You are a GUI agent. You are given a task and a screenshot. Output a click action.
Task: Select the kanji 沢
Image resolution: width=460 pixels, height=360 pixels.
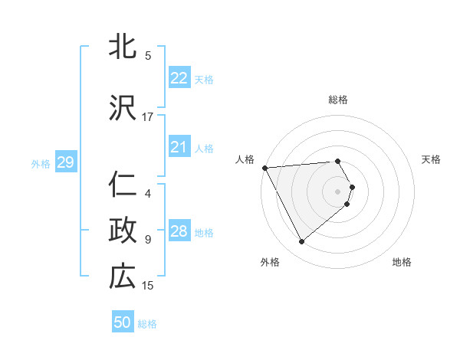pyautogui.click(x=123, y=108)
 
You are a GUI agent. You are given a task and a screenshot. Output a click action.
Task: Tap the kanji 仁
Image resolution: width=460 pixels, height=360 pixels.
pyautogui.click(x=123, y=185)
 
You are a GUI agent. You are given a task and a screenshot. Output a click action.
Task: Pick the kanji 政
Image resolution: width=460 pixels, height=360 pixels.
pyautogui.click(x=123, y=231)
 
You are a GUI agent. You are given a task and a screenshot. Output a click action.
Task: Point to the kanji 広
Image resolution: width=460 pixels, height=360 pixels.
pyautogui.click(x=123, y=277)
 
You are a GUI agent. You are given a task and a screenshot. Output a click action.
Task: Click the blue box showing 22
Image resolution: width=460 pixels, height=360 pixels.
pyautogui.click(x=179, y=78)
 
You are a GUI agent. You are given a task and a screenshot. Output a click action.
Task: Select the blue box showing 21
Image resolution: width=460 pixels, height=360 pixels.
pyautogui.click(x=179, y=147)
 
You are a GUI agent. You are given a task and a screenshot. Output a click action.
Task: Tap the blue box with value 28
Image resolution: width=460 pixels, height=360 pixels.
pyautogui.click(x=179, y=231)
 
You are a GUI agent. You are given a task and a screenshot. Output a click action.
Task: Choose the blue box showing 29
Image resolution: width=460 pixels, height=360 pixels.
pyautogui.click(x=65, y=162)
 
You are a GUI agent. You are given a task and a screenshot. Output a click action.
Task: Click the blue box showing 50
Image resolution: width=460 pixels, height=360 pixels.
pyautogui.click(x=123, y=322)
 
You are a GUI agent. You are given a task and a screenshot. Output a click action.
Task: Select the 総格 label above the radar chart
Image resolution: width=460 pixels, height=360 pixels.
pyautogui.click(x=338, y=100)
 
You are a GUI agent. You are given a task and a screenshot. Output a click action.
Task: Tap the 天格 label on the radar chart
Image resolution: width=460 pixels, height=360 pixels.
pyautogui.click(x=431, y=159)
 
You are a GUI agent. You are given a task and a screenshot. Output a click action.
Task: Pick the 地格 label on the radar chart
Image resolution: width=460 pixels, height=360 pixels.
pyautogui.click(x=402, y=263)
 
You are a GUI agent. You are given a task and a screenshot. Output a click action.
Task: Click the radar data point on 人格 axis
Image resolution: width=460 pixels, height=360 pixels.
pyautogui.click(x=264, y=167)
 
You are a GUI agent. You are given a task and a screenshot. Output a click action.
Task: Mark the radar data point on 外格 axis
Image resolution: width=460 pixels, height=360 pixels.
pyautogui.click(x=301, y=242)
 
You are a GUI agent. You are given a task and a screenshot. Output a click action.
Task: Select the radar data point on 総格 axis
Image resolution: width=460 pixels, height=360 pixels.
pyautogui.click(x=338, y=161)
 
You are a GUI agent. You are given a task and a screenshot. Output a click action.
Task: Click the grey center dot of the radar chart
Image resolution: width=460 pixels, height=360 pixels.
pyautogui.click(x=338, y=190)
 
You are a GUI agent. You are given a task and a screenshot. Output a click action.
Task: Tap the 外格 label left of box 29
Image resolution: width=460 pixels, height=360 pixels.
pyautogui.click(x=41, y=163)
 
